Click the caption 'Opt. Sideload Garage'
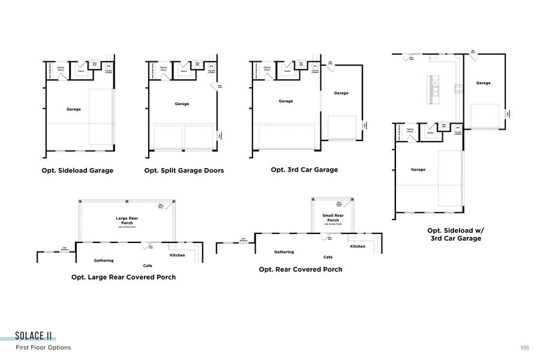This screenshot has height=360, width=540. pyautogui.click(x=77, y=170)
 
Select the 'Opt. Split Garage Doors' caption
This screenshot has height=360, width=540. pyautogui.click(x=184, y=170)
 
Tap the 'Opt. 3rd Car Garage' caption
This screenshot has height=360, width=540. pyautogui.click(x=304, y=170)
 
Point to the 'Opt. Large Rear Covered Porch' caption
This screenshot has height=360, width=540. pyautogui.click(x=124, y=277)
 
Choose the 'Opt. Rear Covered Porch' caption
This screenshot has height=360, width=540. pyautogui.click(x=301, y=269)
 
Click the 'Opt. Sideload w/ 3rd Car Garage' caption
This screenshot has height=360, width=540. pyautogui.click(x=454, y=234)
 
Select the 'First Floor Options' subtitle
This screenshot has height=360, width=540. pyautogui.click(x=43, y=347)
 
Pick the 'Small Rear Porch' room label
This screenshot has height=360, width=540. pyautogui.click(x=333, y=218)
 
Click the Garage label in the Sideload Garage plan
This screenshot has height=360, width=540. pyautogui.click(x=74, y=109)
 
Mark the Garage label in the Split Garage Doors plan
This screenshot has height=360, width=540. pyautogui.click(x=182, y=104)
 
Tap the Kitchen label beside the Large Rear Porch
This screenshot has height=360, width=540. pyautogui.click(x=177, y=255)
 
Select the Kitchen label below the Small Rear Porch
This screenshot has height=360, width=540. pyautogui.click(x=358, y=247)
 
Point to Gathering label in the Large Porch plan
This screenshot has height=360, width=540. pyautogui.click(x=104, y=260)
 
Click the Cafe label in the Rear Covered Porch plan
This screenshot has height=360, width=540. pyautogui.click(x=328, y=257)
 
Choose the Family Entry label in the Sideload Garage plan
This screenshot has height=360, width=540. pyautogui.click(x=61, y=69)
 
